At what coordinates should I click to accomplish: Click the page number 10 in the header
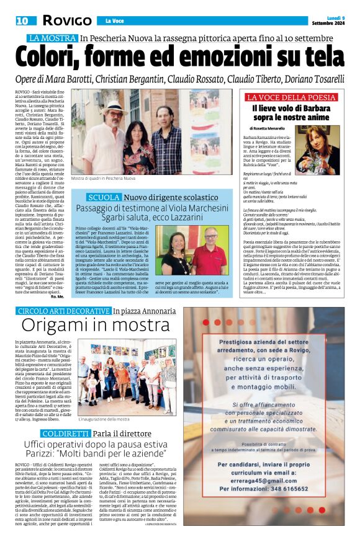pyautogui.click(x=22, y=20)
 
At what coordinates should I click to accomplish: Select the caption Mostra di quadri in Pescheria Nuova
pyautogui.click(x=102, y=179)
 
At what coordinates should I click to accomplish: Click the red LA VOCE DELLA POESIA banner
pyautogui.click(x=292, y=97)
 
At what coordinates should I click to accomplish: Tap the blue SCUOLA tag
pyautogui.click(x=104, y=197)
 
